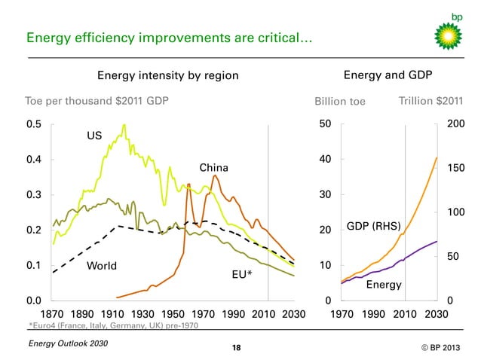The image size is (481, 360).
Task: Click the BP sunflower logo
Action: pos(449,35)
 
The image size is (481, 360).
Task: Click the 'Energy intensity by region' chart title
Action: pos(167,75)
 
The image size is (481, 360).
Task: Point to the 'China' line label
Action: pos(213,166)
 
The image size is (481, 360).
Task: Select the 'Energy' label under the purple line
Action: pos(383,285)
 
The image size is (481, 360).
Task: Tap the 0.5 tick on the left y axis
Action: pos(34,124)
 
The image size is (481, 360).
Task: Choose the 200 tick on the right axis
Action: pos(455,124)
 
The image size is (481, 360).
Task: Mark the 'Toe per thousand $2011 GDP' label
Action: pos(97,101)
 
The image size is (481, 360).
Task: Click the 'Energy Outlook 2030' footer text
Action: pos(68,344)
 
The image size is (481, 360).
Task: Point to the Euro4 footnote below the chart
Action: pos(114,325)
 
